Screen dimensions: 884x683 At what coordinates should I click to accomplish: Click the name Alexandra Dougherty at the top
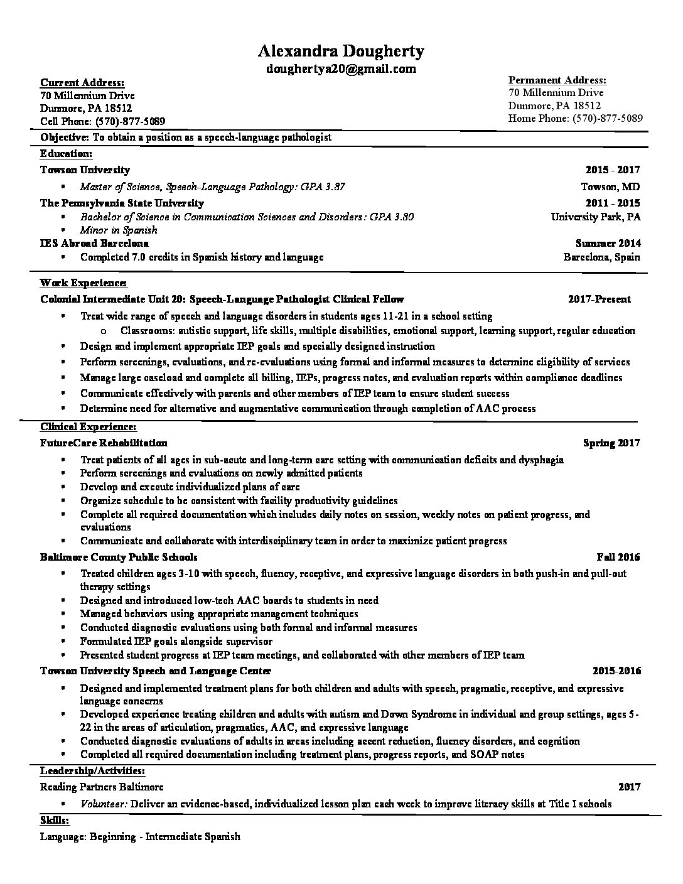point(341,51)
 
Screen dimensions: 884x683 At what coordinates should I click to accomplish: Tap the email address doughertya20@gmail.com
point(341,69)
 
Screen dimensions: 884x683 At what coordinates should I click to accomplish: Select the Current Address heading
point(82,83)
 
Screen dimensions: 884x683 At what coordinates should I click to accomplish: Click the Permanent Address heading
point(557,80)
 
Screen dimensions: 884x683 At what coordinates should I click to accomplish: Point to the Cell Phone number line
point(103,121)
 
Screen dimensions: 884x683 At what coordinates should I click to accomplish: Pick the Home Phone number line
point(575,118)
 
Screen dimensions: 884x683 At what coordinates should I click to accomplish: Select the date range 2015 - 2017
point(613,170)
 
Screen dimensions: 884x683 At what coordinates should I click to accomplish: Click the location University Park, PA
point(595,217)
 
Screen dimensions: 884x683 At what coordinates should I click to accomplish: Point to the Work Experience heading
point(83,283)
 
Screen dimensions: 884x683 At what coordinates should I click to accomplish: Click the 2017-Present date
point(599,299)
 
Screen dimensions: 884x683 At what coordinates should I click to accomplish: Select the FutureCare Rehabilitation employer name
point(104,443)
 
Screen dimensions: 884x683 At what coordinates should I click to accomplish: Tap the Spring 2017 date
point(611,443)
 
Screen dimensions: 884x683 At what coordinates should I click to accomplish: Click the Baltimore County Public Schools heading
point(119,557)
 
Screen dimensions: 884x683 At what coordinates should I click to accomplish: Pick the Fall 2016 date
point(618,557)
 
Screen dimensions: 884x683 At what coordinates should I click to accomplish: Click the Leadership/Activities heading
point(92,770)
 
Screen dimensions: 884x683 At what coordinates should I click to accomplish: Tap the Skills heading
point(55,821)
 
